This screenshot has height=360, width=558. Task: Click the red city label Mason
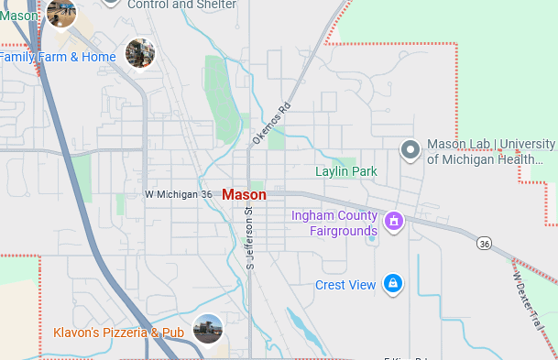[244, 195]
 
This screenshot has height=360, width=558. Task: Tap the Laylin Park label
[346, 171]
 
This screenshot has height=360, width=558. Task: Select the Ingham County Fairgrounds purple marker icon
[394, 222]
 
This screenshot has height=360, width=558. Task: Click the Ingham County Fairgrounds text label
[334, 223]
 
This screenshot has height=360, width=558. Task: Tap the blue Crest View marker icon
[393, 284]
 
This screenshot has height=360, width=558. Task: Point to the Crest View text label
[345, 285]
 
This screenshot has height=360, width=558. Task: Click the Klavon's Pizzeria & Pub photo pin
[208, 328]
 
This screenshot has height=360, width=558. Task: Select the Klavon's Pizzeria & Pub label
[119, 333]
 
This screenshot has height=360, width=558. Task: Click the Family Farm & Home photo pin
[139, 52]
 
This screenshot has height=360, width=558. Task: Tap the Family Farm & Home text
[58, 57]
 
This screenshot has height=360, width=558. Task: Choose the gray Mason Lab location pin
[411, 149]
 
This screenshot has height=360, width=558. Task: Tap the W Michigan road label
[171, 195]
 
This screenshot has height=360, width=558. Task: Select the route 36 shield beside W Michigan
[206, 195]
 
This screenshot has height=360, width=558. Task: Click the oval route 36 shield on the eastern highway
[484, 243]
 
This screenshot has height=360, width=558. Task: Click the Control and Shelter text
[182, 5]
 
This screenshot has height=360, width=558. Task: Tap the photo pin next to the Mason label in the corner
[62, 13]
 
